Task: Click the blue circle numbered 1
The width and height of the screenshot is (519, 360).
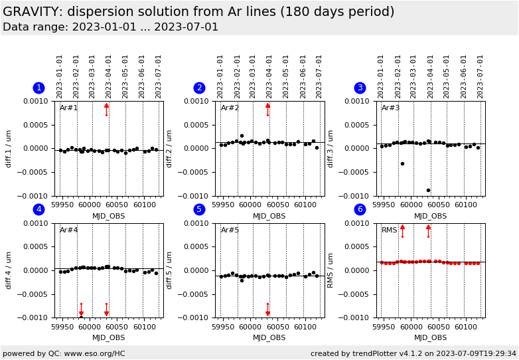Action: [x=38, y=88]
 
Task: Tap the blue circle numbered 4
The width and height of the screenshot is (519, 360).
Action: [x=38, y=210]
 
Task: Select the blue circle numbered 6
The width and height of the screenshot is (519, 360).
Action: [x=360, y=210]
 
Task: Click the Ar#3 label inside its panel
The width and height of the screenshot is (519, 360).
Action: [x=391, y=108]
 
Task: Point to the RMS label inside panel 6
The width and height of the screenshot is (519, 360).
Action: [x=390, y=230]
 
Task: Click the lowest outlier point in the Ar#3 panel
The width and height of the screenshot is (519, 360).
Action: [x=428, y=191]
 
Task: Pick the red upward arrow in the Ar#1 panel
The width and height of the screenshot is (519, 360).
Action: [x=106, y=109]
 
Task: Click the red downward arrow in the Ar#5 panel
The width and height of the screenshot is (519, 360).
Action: [x=267, y=310]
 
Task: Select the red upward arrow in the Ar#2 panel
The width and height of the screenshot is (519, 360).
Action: [x=267, y=109]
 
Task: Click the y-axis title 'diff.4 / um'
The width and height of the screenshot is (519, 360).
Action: [x=9, y=270]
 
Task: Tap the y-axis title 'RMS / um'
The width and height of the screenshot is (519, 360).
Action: [x=331, y=270]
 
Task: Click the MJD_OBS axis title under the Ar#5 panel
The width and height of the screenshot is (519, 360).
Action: [x=269, y=338]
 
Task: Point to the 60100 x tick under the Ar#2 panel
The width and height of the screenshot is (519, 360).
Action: [x=305, y=205]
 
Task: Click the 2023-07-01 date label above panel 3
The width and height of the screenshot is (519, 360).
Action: [x=481, y=76]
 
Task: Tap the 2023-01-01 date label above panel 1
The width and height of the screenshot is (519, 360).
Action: [x=60, y=76]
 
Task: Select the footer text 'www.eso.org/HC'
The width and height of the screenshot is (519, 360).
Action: [x=92, y=353]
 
